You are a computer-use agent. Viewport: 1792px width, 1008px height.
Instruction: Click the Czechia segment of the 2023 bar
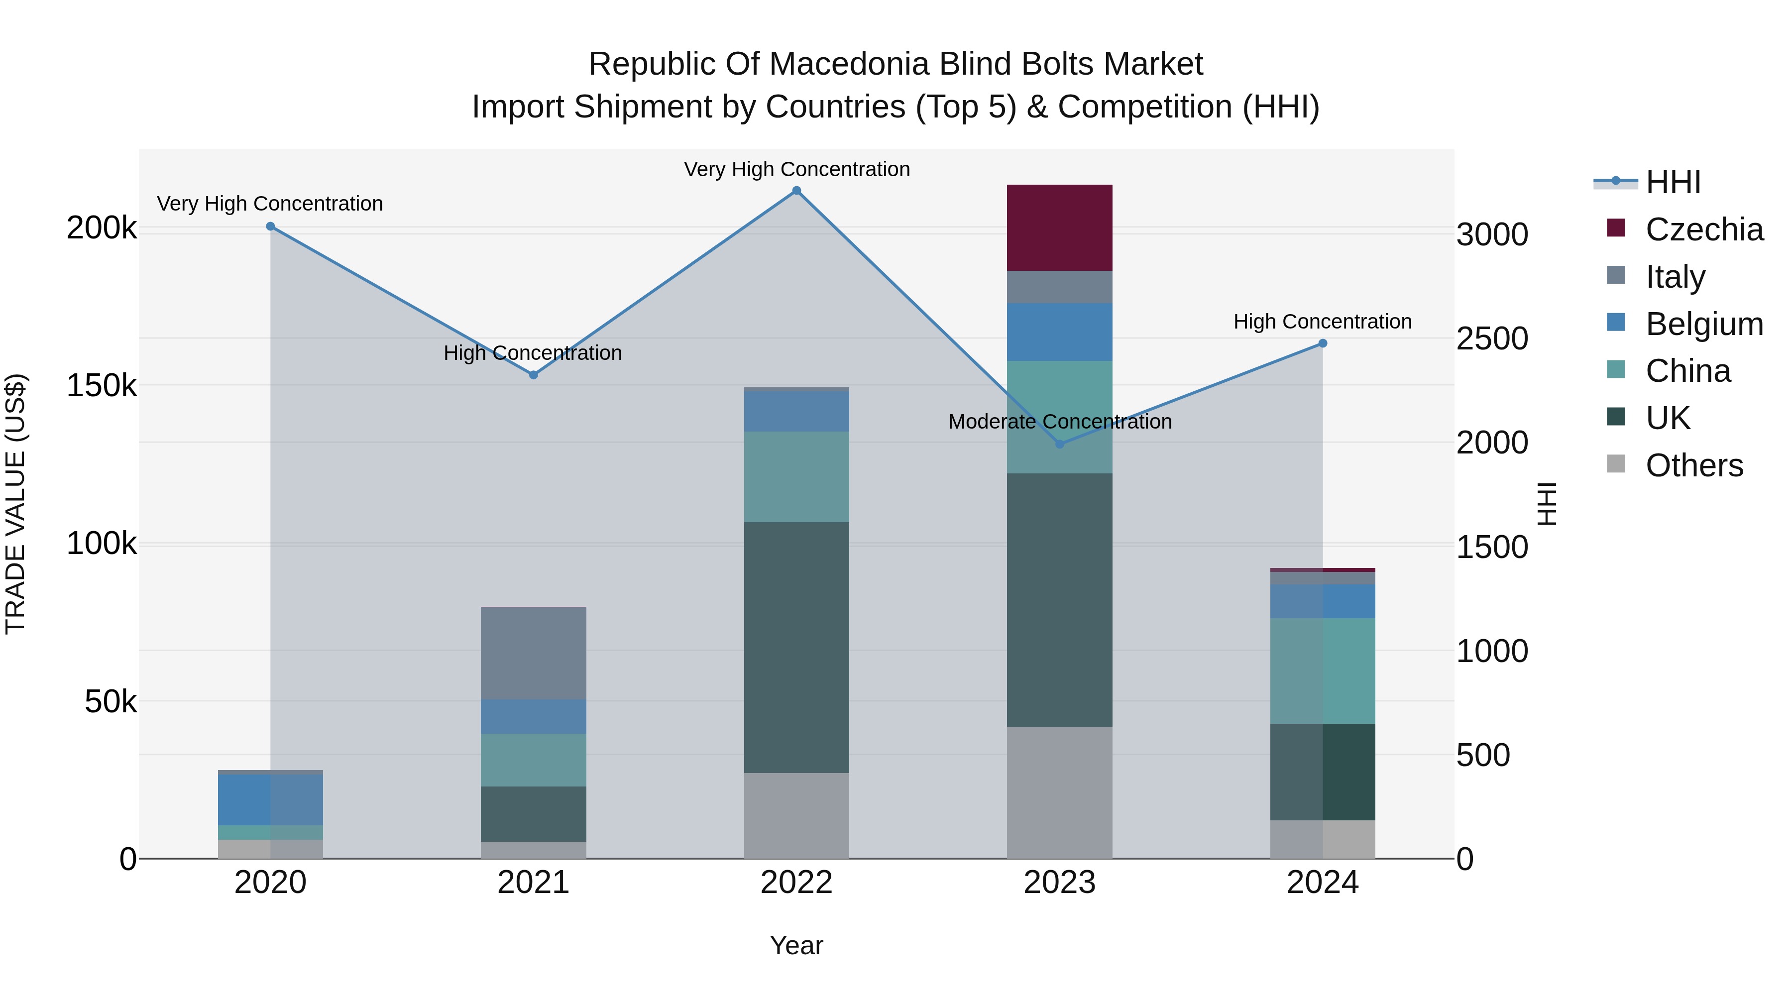click(1059, 227)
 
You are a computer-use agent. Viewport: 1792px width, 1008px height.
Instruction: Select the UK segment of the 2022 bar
click(796, 647)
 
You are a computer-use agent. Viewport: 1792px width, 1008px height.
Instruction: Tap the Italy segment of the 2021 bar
click(534, 653)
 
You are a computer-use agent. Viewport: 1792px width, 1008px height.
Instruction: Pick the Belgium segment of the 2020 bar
click(271, 799)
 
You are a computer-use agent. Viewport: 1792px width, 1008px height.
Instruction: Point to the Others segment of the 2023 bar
click(1059, 792)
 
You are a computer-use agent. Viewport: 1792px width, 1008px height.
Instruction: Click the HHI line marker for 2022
click(796, 191)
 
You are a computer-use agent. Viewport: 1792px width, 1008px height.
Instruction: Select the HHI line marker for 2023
click(1059, 444)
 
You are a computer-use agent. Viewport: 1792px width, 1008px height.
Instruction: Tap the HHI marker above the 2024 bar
click(1323, 343)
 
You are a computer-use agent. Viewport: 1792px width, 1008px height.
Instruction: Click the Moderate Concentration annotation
click(1059, 422)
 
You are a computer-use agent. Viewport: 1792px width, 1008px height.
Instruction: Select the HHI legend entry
click(1673, 182)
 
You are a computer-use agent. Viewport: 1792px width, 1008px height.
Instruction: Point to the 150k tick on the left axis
click(102, 385)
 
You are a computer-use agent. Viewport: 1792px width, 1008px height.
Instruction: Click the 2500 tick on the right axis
click(1492, 339)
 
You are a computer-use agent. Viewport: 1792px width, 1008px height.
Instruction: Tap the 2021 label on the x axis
click(534, 882)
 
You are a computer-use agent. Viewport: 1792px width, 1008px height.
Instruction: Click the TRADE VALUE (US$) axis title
click(15, 504)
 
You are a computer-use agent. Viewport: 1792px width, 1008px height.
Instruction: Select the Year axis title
click(796, 945)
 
